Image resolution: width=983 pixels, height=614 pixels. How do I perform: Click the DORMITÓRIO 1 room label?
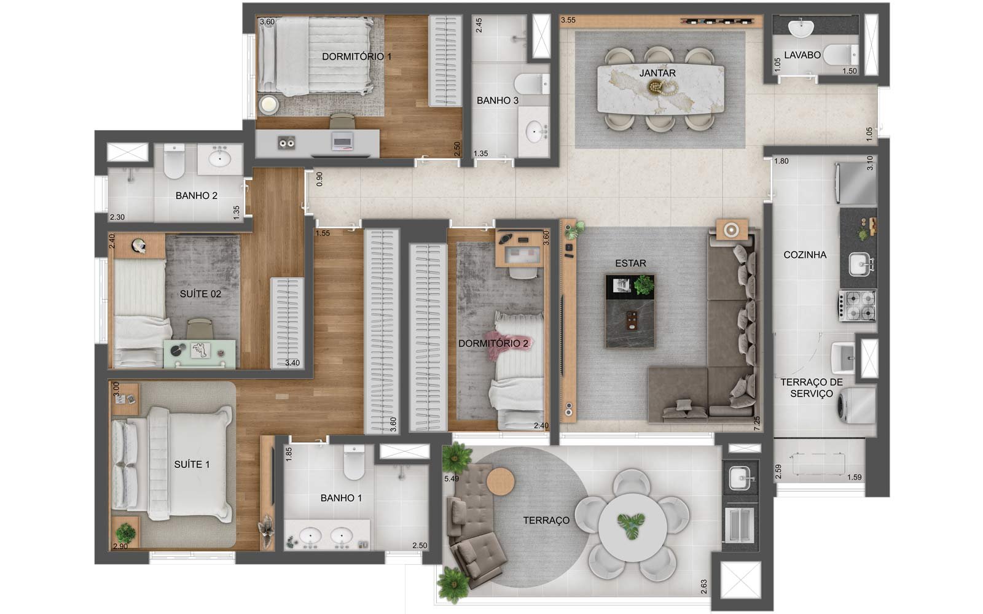[x=356, y=56]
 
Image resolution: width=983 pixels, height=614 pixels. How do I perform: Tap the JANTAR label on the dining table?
[x=657, y=73]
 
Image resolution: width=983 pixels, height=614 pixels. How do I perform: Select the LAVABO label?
[x=802, y=55]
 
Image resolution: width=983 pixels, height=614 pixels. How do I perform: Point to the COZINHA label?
[x=805, y=255]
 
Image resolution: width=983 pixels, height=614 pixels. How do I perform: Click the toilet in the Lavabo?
[x=840, y=55]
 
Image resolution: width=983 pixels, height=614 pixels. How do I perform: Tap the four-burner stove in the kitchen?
[x=858, y=306]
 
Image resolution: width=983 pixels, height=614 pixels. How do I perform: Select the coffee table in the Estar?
[x=630, y=311]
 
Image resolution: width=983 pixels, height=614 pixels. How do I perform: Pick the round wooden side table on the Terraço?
[x=500, y=481]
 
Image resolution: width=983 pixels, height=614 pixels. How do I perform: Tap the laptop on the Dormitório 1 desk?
[x=342, y=141]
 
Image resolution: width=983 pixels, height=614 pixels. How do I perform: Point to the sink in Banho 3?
[x=534, y=131]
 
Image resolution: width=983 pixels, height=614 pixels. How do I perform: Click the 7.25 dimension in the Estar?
[x=756, y=423]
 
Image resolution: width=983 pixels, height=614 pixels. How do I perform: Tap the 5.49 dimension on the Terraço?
[x=451, y=478]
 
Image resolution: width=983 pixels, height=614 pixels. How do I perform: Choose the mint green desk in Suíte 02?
[x=200, y=354]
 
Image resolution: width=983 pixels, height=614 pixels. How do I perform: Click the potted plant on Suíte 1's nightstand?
[x=125, y=533]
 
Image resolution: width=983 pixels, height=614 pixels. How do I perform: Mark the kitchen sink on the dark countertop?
[x=860, y=265]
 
